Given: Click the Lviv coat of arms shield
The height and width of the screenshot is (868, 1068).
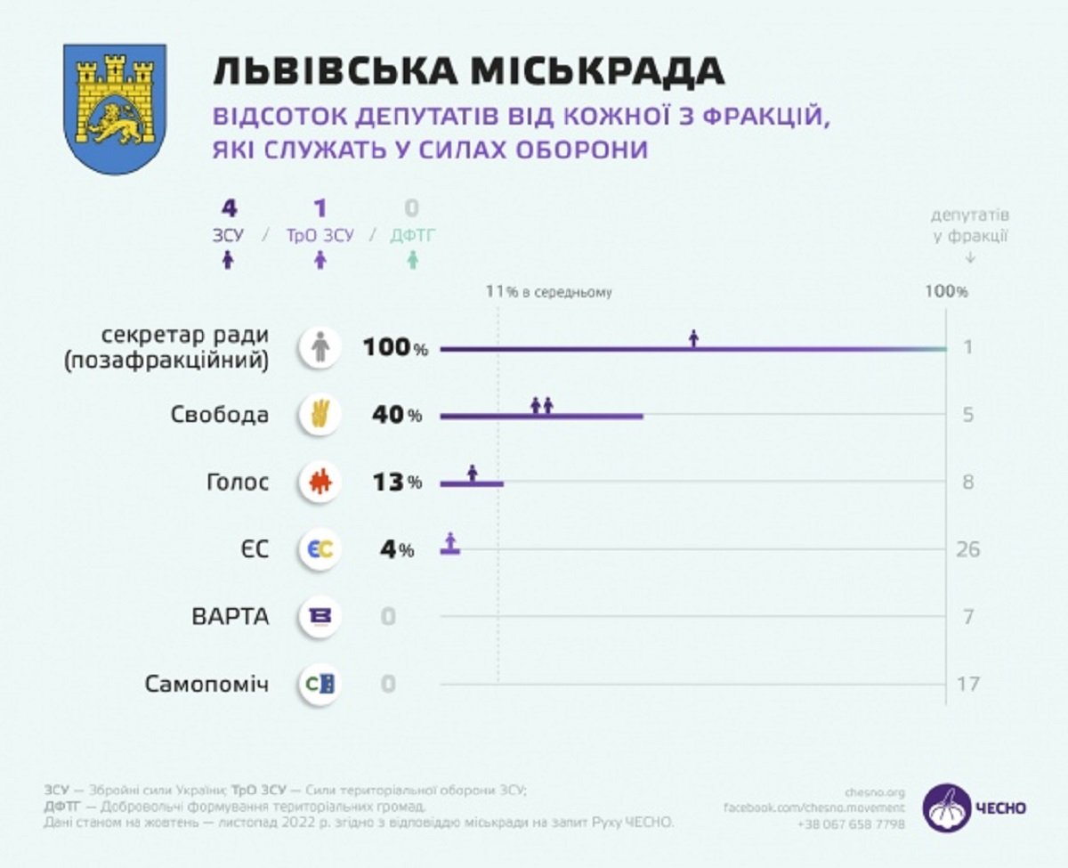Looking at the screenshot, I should point(115,108).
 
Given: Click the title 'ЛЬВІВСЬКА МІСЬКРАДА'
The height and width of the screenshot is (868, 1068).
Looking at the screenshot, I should point(467,71).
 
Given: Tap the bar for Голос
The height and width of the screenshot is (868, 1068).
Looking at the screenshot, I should point(472,483).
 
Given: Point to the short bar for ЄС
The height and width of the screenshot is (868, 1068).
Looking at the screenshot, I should point(450,551).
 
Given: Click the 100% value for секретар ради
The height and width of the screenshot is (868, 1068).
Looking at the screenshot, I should point(394,347).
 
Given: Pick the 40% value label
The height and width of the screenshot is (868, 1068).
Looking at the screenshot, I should point(397,416).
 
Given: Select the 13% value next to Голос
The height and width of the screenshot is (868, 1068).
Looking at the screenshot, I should point(397,483).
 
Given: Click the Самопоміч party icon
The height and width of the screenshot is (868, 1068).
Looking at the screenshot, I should point(320,685).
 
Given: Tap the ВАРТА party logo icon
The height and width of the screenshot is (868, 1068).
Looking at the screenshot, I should point(320,617).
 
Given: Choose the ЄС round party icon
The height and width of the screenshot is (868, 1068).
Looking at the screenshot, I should point(320,549).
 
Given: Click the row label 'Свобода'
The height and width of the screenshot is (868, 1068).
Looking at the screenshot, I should point(220,415).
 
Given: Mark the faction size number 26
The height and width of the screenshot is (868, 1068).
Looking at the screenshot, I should point(967,549).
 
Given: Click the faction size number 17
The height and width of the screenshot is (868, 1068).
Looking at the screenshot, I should point(967,685).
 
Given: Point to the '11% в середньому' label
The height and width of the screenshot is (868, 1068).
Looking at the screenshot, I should point(548,291).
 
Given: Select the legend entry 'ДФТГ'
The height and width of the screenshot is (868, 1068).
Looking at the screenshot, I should point(413,235).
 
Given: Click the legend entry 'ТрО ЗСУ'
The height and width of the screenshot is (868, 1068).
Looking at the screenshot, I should point(320,235).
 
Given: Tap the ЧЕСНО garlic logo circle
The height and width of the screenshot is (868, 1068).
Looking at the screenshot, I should point(946,807).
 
